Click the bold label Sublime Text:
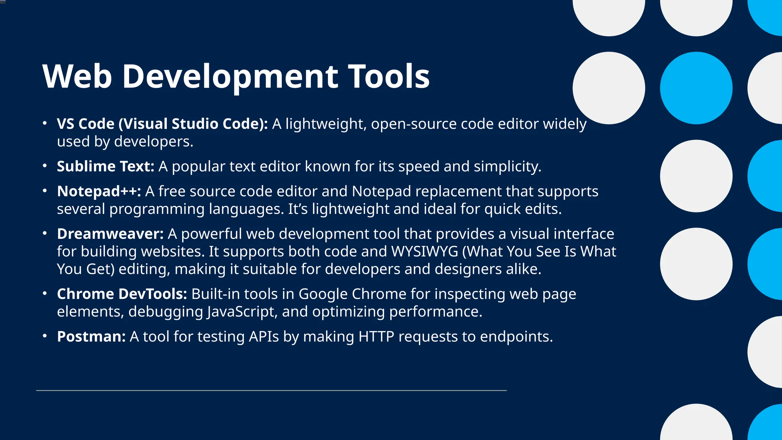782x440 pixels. (x=105, y=167)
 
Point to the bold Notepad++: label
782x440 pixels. (x=99, y=191)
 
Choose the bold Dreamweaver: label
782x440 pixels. (x=110, y=234)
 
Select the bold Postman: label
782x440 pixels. (x=91, y=336)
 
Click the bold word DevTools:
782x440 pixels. (x=152, y=294)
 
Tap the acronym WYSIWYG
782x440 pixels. (x=425, y=252)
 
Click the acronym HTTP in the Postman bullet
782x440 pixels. (x=376, y=336)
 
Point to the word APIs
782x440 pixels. (x=264, y=336)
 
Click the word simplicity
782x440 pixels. (x=507, y=167)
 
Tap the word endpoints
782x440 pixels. (x=516, y=337)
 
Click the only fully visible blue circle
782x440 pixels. (x=696, y=88)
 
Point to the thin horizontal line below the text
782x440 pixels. (x=271, y=390)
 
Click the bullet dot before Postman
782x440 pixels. (x=45, y=336)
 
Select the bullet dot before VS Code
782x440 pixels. (x=45, y=123)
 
